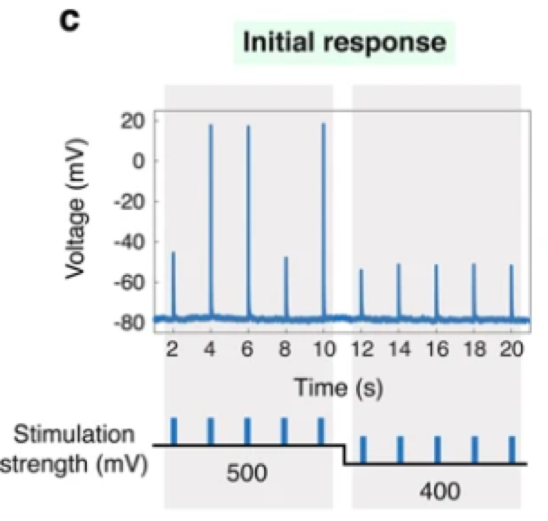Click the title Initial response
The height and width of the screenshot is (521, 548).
point(345,43)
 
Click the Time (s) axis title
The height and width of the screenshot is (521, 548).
point(338,388)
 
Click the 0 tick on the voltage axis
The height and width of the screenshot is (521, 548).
point(141,161)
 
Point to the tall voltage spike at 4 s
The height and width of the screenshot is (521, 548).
point(211,218)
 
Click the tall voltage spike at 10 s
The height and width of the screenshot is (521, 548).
point(324,218)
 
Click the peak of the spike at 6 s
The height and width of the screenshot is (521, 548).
point(248,126)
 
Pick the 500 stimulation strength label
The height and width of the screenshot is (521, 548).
point(247,473)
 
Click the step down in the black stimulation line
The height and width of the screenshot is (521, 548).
point(345,454)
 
